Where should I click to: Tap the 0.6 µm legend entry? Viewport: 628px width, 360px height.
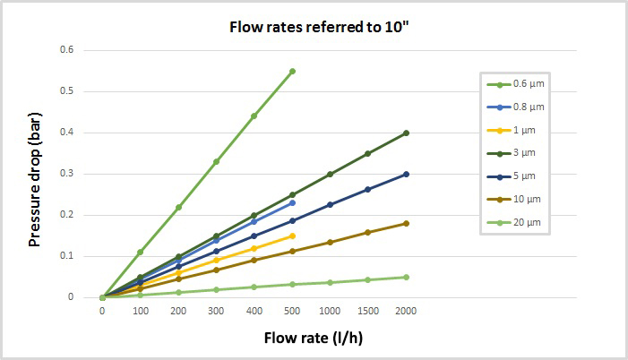coord(529,84)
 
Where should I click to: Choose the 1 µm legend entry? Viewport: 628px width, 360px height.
coord(524,131)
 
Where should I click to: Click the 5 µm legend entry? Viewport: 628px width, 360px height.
coord(524,176)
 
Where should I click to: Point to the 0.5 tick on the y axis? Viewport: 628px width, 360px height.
coord(66,90)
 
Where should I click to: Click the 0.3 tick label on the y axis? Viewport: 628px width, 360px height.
coord(66,174)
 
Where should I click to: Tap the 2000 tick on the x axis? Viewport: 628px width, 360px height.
coord(406,311)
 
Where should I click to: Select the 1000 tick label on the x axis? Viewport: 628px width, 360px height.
coord(330,311)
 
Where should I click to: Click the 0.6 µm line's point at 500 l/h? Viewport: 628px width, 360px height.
coord(292,71)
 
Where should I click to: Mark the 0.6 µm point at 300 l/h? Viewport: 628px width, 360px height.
coord(216,161)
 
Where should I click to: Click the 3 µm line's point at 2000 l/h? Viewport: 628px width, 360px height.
coord(406,133)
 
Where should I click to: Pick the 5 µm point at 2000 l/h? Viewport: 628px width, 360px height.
coord(406,174)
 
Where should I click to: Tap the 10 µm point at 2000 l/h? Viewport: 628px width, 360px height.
coord(406,223)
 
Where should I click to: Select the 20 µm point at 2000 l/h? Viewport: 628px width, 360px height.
coord(406,277)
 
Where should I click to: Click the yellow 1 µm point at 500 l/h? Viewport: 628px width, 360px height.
coord(292,236)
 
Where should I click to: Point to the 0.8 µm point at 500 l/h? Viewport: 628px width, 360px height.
coord(292,202)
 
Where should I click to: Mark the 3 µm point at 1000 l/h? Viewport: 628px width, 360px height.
coord(330,174)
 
